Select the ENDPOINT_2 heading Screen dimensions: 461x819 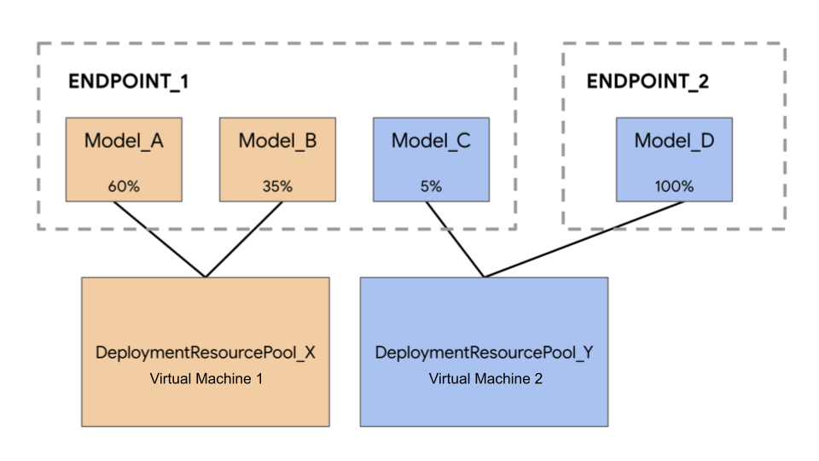click(648, 82)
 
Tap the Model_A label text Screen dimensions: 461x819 click(124, 141)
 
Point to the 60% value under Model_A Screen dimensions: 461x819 click(124, 185)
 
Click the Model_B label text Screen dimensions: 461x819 click(277, 141)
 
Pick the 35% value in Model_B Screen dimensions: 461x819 click(277, 185)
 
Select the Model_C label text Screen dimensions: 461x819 click(431, 141)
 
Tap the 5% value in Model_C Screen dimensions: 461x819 click(431, 185)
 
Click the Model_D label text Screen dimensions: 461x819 click(674, 141)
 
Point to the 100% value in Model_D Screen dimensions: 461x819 click(674, 185)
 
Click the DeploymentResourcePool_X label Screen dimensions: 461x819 click(206, 353)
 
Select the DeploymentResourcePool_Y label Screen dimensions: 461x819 click(484, 353)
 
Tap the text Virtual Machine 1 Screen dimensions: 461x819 click(206, 378)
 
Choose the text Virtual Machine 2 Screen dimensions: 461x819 click(485, 378)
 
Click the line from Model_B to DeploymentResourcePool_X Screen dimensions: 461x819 click(244, 239)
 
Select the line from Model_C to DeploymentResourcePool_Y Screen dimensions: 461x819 click(456, 239)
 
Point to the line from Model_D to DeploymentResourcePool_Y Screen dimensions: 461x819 click(584, 239)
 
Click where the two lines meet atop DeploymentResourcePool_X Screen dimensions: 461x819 click(206, 277)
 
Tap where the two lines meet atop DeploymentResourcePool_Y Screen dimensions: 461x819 click(485, 277)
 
